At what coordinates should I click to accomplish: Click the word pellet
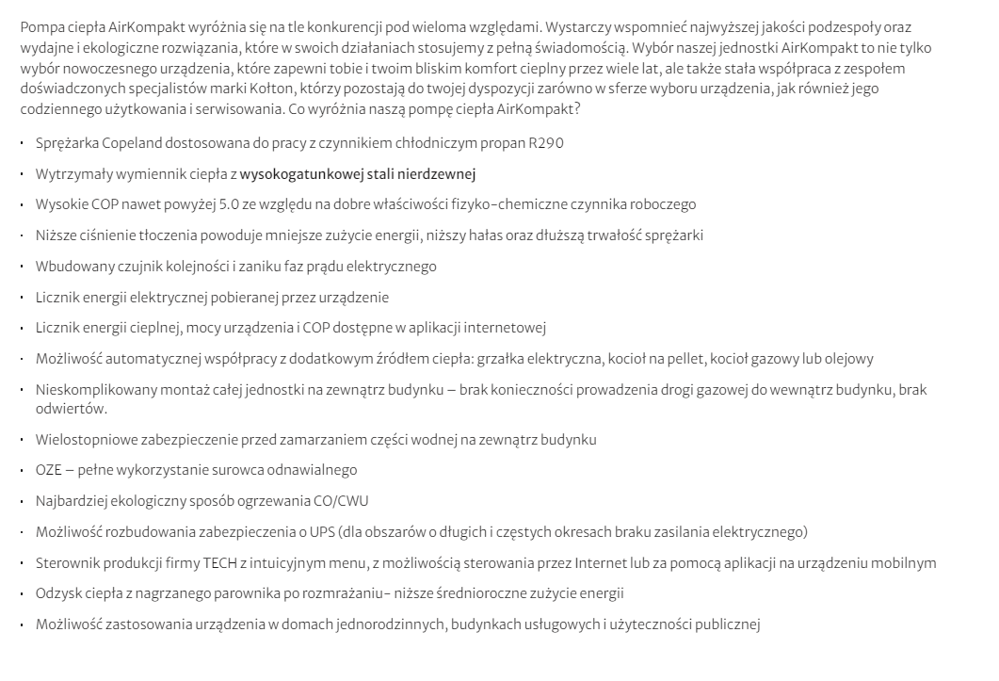pos(694,359)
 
